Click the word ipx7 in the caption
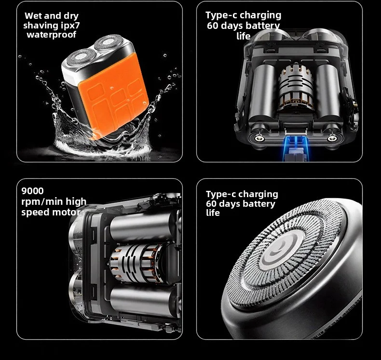coord(70,25)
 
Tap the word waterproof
coord(52,35)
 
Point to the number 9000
coord(33,191)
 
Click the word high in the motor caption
coord(76,201)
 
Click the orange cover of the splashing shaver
coord(114,96)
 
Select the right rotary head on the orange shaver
coord(109,42)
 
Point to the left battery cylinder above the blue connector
coord(263,91)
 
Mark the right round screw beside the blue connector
coord(331,138)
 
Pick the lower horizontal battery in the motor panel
coord(143,301)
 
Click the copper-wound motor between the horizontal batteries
coord(137,263)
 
